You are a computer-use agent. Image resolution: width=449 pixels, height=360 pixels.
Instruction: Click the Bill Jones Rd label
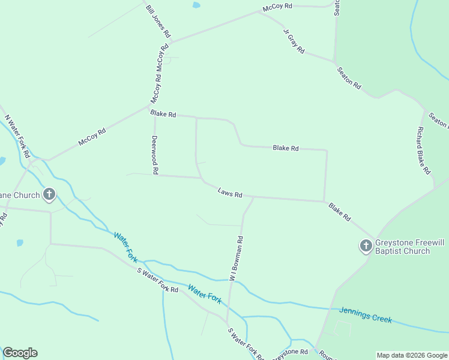[158, 21]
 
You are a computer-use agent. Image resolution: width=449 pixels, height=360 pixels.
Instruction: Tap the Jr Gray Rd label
[294, 41]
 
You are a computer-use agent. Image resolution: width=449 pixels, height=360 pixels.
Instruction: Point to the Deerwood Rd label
[154, 154]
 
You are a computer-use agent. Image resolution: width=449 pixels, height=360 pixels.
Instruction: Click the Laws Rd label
[230, 193]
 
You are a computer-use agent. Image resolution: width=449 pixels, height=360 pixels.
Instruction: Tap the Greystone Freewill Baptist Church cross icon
[366, 245]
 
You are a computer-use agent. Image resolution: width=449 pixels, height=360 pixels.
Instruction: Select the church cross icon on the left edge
[49, 195]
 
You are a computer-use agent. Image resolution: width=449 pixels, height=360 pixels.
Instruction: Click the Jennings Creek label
[366, 314]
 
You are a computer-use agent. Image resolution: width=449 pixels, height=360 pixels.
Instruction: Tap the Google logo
[20, 353]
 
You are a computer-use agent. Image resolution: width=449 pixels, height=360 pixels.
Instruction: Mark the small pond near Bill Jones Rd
[196, 5]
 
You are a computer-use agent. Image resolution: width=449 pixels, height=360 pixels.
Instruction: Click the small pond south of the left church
[20, 243]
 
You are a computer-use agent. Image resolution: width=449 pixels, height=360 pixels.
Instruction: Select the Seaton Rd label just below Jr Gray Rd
[349, 78]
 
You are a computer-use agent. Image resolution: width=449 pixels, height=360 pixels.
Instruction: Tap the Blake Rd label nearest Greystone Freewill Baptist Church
[339, 212]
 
